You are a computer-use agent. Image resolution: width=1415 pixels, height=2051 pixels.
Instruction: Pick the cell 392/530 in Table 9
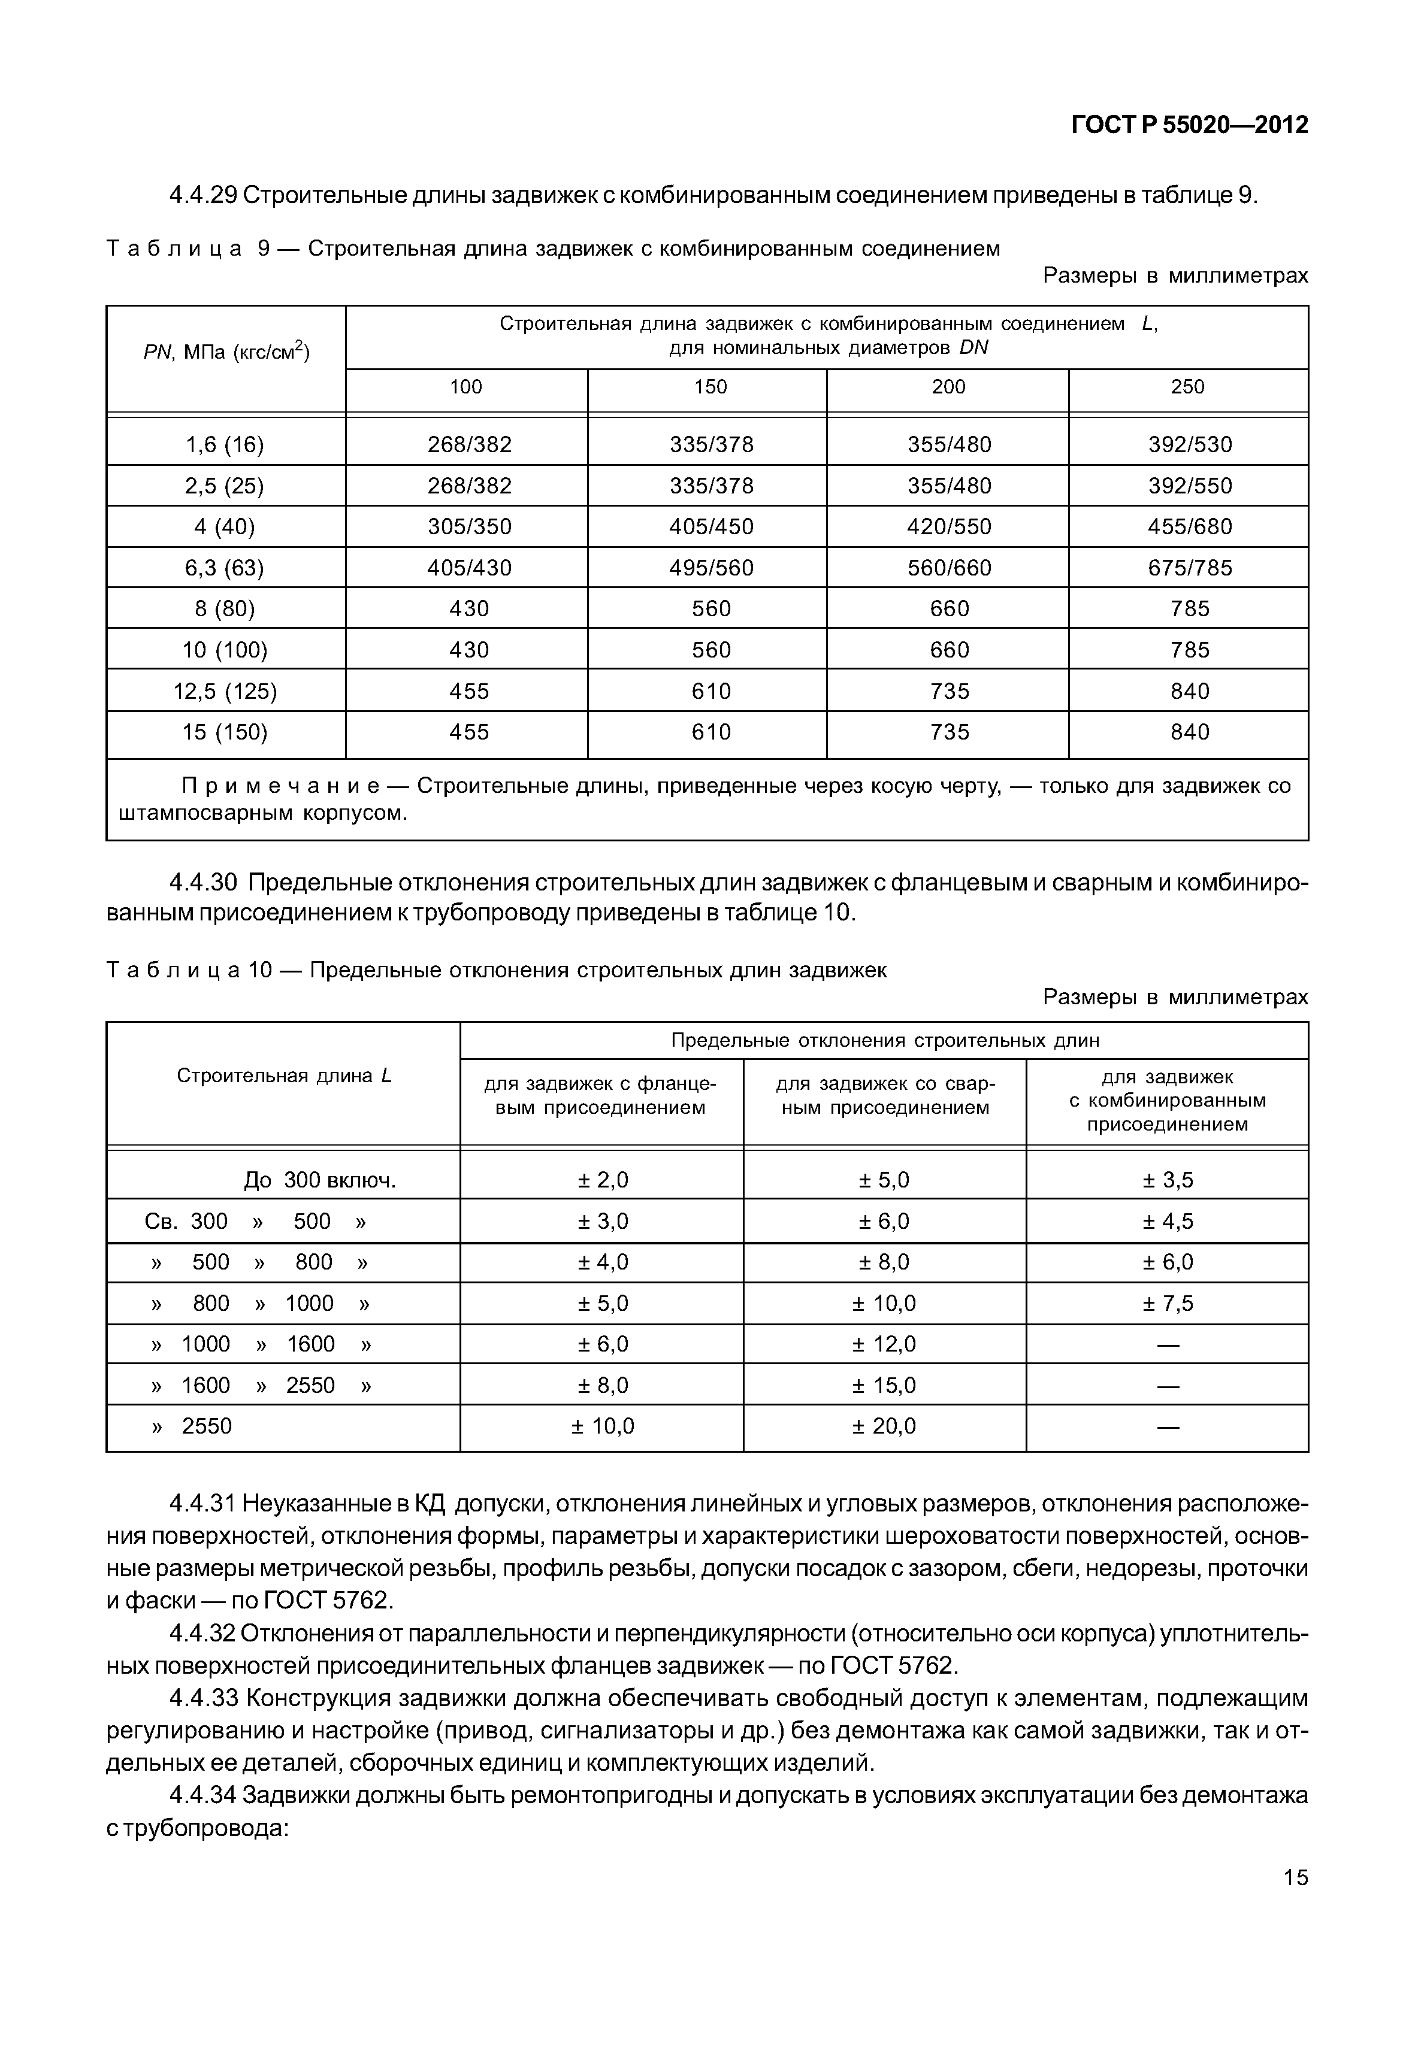click(1190, 444)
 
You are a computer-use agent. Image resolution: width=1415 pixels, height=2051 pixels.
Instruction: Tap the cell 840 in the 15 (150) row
click(1190, 732)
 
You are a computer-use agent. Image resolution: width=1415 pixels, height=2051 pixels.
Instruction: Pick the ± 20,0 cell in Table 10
click(884, 1426)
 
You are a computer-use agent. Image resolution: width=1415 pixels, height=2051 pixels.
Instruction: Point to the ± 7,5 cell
click(1168, 1303)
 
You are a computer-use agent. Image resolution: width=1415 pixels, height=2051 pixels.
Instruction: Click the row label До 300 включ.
click(319, 1181)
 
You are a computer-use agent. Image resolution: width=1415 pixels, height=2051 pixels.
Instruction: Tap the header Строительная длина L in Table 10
click(284, 1076)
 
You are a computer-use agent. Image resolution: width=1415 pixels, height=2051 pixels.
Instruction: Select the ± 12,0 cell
click(884, 1344)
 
